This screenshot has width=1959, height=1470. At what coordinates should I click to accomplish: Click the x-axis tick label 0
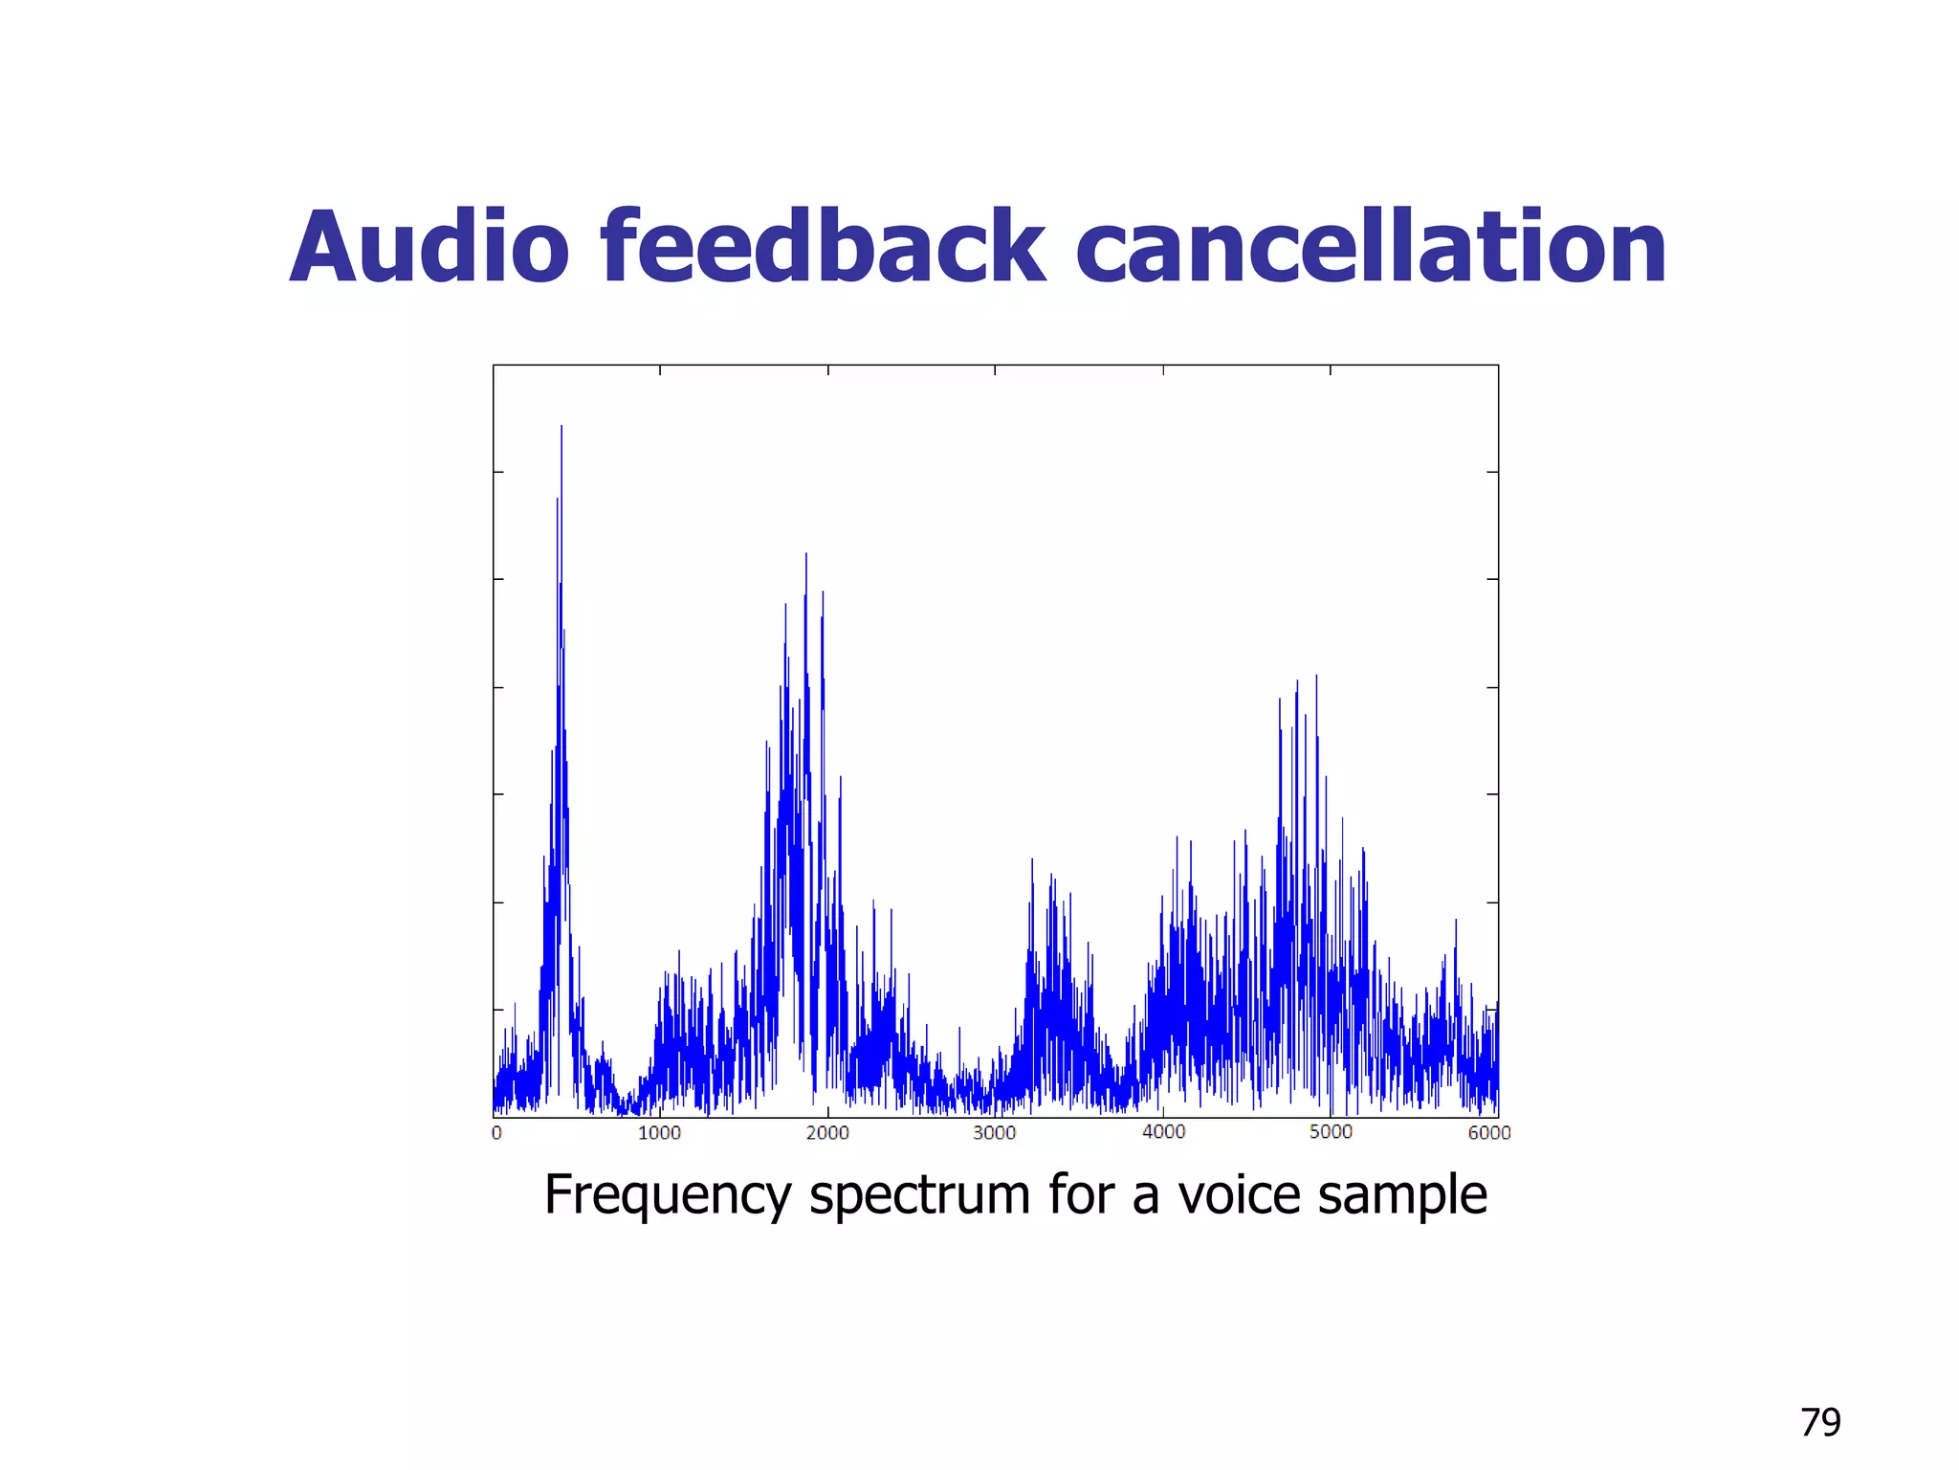(x=496, y=1133)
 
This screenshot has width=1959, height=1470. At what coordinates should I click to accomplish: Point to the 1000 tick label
(x=659, y=1133)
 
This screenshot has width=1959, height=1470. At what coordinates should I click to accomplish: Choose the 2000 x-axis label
(x=827, y=1133)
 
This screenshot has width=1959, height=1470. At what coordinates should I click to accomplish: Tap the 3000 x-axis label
(x=995, y=1133)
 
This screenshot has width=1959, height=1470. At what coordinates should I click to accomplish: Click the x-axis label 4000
(x=1163, y=1132)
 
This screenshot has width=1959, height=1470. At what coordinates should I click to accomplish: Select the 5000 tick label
(x=1331, y=1132)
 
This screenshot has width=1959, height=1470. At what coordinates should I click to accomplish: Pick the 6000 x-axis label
(x=1489, y=1133)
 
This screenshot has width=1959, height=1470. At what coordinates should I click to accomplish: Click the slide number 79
(x=1820, y=1423)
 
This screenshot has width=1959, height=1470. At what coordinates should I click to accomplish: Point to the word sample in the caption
(x=1402, y=1195)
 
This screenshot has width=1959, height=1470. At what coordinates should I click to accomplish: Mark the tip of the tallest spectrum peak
(x=561, y=426)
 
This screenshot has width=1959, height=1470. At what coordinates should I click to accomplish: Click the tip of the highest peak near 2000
(x=806, y=554)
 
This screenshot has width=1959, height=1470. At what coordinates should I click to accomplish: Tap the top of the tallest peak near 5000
(x=1316, y=676)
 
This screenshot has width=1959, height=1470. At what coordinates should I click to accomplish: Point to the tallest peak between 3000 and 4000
(x=1032, y=859)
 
